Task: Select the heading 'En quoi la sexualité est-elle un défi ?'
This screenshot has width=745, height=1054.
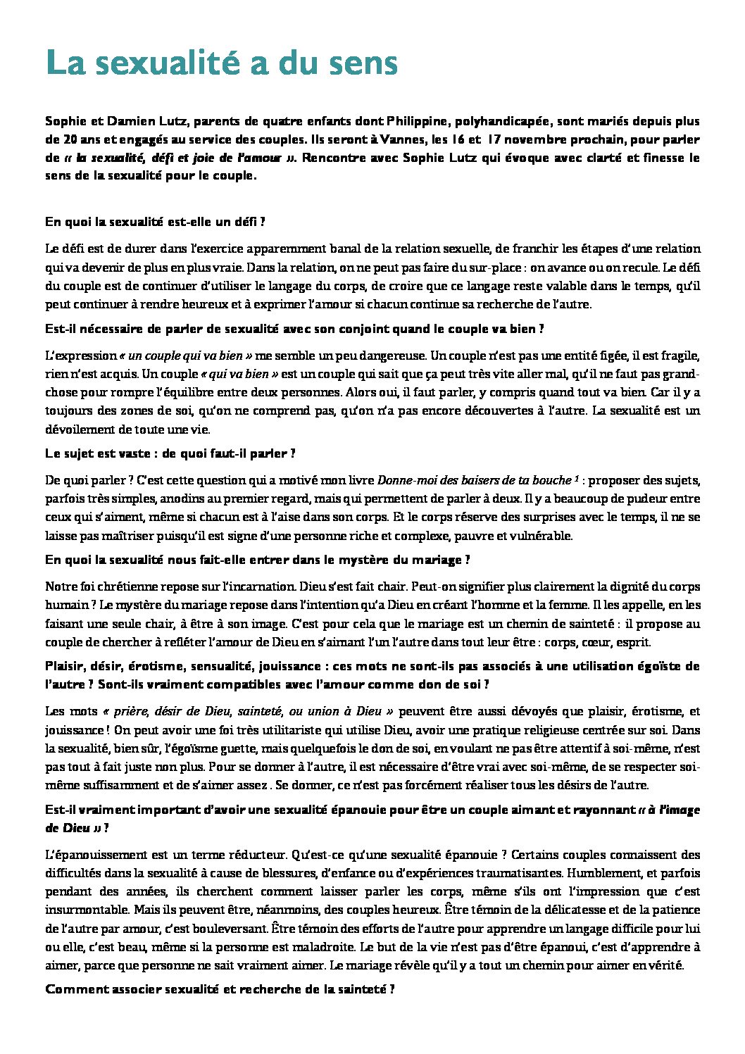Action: pos(155,222)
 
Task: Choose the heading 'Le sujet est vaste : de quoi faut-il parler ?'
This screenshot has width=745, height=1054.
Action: pos(170,454)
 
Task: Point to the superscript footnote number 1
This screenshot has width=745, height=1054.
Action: pos(576,479)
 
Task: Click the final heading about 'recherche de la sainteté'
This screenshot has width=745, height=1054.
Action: pos(219,989)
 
